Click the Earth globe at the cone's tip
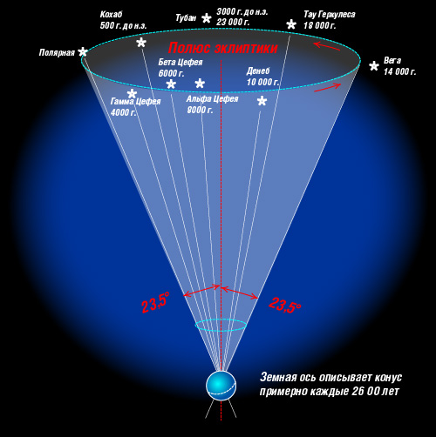point(221,386)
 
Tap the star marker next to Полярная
point(83,52)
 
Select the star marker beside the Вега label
point(374,66)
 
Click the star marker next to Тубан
point(207,18)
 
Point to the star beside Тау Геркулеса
point(291,24)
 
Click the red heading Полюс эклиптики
point(223,48)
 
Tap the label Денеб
point(258,71)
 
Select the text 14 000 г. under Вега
point(399,71)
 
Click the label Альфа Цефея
point(212,99)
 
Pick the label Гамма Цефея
point(135,101)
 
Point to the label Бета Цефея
point(181,62)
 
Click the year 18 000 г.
point(320,25)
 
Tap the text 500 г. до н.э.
point(123,25)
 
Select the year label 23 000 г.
point(233,22)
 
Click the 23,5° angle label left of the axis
point(155,303)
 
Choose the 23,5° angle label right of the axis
point(285,305)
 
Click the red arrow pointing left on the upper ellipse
point(327,46)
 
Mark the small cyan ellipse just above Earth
point(221,325)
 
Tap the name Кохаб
point(111,14)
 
